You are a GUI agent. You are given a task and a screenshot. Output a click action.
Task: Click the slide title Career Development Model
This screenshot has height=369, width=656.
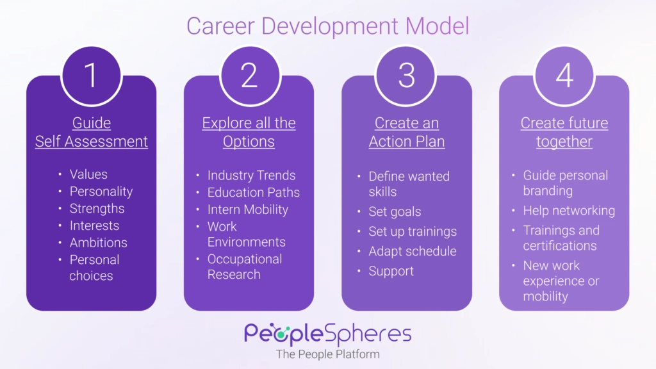327,26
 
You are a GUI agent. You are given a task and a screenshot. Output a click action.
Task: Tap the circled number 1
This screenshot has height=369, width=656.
91,76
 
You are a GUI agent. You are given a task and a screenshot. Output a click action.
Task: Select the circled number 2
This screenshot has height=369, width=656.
249,76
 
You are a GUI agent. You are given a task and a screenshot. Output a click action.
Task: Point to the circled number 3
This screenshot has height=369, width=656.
407,76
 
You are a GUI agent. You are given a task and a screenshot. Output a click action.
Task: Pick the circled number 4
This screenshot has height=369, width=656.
564,76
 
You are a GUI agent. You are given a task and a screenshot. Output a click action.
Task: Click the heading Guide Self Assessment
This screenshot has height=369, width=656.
92,132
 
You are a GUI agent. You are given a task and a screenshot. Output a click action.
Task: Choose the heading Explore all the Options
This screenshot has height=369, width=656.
249,132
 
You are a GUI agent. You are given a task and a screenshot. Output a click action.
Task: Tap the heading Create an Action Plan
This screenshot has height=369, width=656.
407,132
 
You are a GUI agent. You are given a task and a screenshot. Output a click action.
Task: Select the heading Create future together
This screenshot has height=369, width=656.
564,132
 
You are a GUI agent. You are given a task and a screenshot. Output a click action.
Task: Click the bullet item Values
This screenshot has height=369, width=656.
88,174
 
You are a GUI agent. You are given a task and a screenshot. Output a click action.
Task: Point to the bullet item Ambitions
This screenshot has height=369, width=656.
98,243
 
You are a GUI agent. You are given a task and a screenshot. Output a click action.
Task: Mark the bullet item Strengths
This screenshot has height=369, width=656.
97,208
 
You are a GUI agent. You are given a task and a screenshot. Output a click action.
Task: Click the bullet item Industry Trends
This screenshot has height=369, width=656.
251,175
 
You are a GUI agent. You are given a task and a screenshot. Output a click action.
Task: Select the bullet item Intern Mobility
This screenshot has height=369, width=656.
247,209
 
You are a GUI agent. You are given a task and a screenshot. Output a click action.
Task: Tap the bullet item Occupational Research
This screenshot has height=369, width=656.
244,266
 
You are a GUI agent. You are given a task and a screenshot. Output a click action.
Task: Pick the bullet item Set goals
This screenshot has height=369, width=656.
395,211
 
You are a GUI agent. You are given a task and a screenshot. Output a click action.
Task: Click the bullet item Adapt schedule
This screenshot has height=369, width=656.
412,251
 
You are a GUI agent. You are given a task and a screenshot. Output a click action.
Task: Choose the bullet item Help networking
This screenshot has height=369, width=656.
569,211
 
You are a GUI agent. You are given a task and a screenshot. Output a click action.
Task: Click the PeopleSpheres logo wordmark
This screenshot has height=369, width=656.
327,334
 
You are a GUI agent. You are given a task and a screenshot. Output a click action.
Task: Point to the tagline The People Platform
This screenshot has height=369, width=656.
327,354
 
